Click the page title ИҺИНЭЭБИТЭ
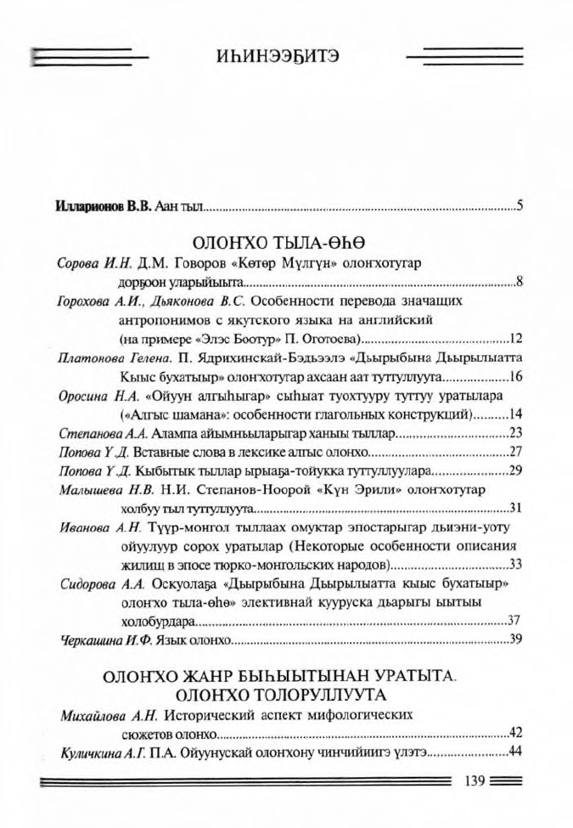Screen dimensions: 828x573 [278, 58]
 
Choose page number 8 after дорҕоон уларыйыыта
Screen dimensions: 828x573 [519, 282]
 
